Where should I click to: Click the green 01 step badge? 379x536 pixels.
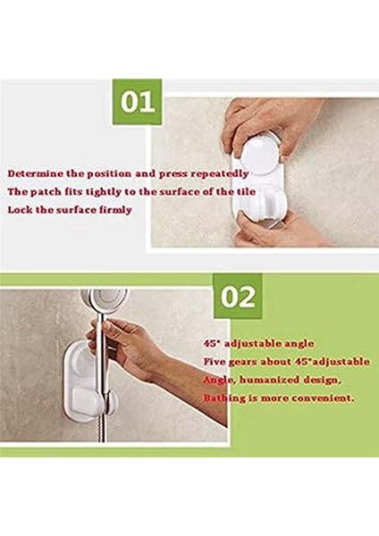click(137, 102)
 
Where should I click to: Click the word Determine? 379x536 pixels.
click(36, 172)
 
